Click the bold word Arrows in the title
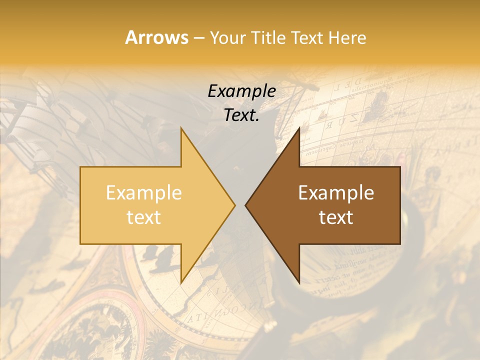click(x=156, y=37)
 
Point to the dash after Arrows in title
click(x=198, y=38)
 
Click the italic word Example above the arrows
click(x=241, y=91)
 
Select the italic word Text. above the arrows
click(x=241, y=115)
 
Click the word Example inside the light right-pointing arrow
click(x=144, y=193)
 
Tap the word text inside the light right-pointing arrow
click(x=144, y=217)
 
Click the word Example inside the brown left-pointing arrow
click(x=336, y=193)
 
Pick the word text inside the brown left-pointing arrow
click(x=336, y=217)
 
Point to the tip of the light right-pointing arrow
click(x=234, y=205)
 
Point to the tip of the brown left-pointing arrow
click(x=245, y=205)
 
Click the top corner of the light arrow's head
click(x=181, y=128)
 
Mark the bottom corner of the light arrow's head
click(x=181, y=282)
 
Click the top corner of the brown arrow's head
click(x=299, y=128)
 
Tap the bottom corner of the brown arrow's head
click(x=299, y=282)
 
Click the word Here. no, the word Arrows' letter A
click(x=131, y=37)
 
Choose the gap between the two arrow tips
click(x=240, y=205)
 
